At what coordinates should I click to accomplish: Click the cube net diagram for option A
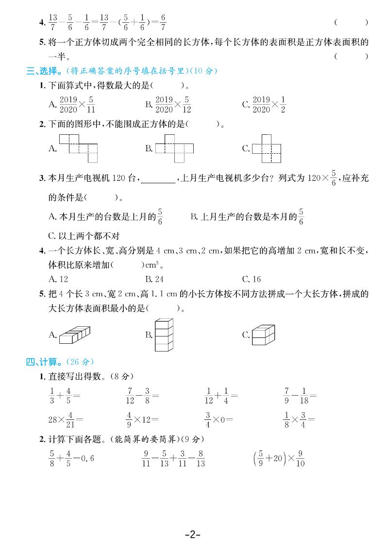(79, 148)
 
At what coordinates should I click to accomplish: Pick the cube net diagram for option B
(174, 148)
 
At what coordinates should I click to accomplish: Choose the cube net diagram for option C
(267, 148)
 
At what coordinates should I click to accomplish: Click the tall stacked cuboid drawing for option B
(164, 335)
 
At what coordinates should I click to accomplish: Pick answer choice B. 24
(154, 279)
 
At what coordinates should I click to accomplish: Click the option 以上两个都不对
(84, 236)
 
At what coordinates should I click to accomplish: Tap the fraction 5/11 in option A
(91, 104)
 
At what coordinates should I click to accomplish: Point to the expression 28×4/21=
(66, 418)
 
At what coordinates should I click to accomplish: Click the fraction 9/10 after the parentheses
(300, 458)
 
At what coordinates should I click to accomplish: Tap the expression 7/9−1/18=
(300, 396)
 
